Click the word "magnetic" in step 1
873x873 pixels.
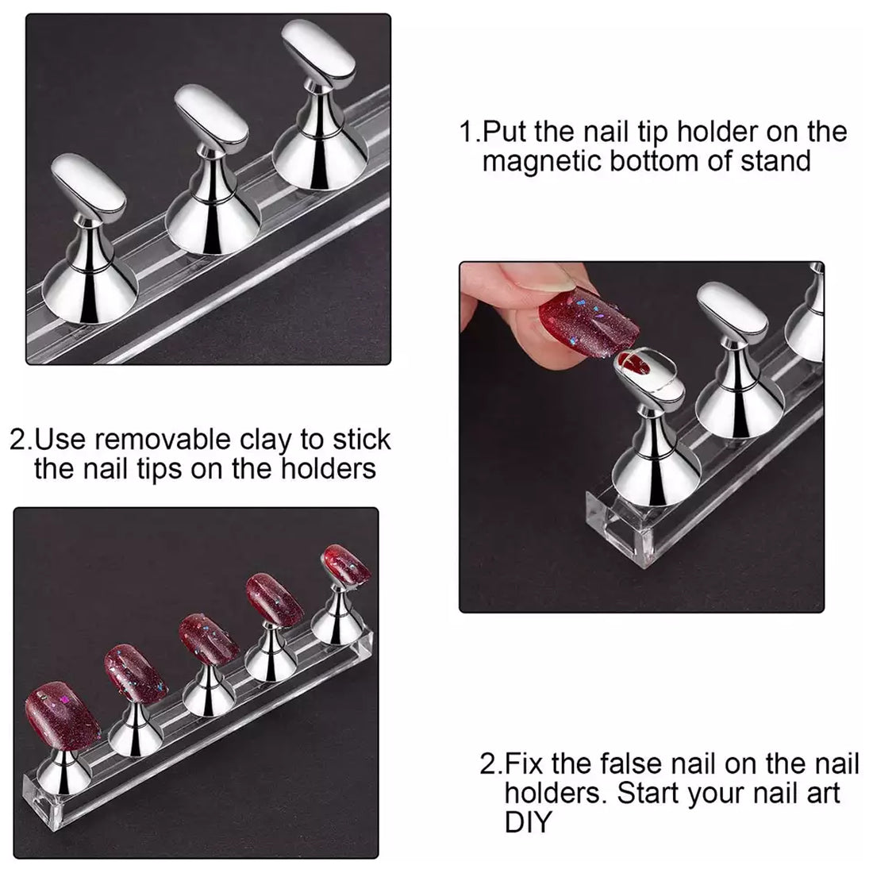tap(542, 161)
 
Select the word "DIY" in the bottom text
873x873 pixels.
tap(528, 821)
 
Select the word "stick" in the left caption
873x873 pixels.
tap(362, 440)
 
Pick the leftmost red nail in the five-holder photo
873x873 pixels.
tap(61, 716)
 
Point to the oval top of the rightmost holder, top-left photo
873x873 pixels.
tap(318, 54)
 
